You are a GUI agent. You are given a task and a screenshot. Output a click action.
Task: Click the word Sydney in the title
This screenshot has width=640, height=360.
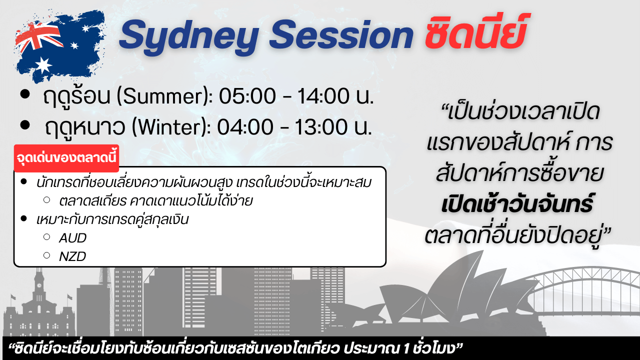point(189,37)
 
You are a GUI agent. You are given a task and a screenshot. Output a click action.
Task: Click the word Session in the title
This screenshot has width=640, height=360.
point(341,34)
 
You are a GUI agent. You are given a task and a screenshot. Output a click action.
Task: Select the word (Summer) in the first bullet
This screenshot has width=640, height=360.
point(164,96)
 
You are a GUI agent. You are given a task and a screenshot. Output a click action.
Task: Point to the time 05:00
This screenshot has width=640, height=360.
point(247,96)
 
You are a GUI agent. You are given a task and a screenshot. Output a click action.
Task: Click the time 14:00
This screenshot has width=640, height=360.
point(323,96)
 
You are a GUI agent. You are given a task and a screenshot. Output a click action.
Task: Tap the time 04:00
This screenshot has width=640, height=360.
point(245,127)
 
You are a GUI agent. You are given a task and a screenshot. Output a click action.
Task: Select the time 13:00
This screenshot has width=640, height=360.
point(321,127)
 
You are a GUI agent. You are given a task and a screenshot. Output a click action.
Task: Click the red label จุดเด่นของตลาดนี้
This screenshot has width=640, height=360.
point(66,158)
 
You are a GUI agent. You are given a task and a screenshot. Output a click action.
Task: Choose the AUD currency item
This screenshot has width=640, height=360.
point(72,238)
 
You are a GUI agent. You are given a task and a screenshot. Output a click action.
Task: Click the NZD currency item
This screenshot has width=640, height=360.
point(72,256)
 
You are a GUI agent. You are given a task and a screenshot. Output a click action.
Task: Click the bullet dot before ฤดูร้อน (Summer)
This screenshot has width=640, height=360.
point(25,94)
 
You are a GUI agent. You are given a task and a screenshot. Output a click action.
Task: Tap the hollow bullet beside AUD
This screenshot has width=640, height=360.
point(47,237)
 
